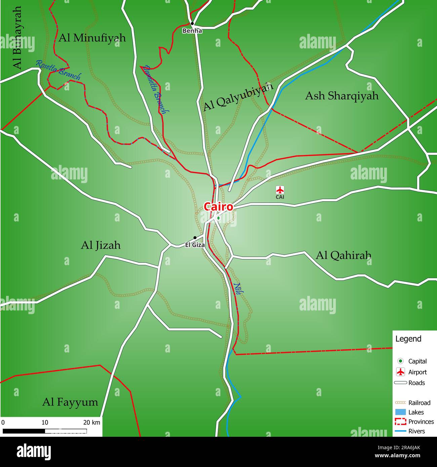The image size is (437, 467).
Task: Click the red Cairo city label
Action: [x=218, y=207]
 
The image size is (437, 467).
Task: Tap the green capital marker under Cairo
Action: [x=218, y=218]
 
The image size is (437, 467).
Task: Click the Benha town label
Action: [x=192, y=31]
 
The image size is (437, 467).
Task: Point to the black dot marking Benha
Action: [x=192, y=24]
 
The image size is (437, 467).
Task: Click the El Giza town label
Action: [x=195, y=245]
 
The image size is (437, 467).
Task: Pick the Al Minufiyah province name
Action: [x=92, y=38]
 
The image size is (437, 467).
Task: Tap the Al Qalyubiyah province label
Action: [x=238, y=97]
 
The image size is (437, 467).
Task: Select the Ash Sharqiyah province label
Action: [x=342, y=96]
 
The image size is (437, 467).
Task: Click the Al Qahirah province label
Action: [x=343, y=255]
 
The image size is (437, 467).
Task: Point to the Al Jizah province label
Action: [x=101, y=245]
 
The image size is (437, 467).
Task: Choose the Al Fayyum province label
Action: [x=70, y=402]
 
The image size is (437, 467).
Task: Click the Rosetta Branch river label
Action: [x=58, y=70]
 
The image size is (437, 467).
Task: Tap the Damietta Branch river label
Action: [x=155, y=90]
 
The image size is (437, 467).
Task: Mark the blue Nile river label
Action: [x=237, y=289]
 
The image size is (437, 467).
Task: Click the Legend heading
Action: [x=408, y=339]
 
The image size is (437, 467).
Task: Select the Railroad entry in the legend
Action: [x=419, y=402]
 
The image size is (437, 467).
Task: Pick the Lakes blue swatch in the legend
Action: [x=400, y=412]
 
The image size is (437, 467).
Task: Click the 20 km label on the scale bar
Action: [x=91, y=422]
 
